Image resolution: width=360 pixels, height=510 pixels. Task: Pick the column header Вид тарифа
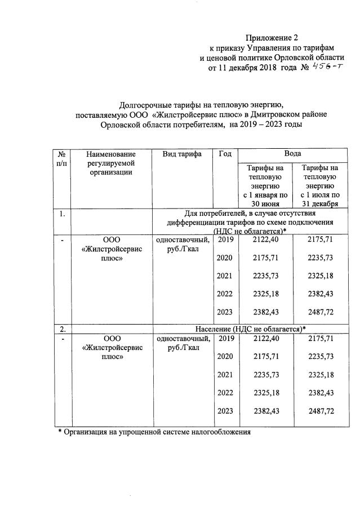[x=182, y=153]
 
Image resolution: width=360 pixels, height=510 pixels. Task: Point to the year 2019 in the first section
[x=225, y=240]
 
